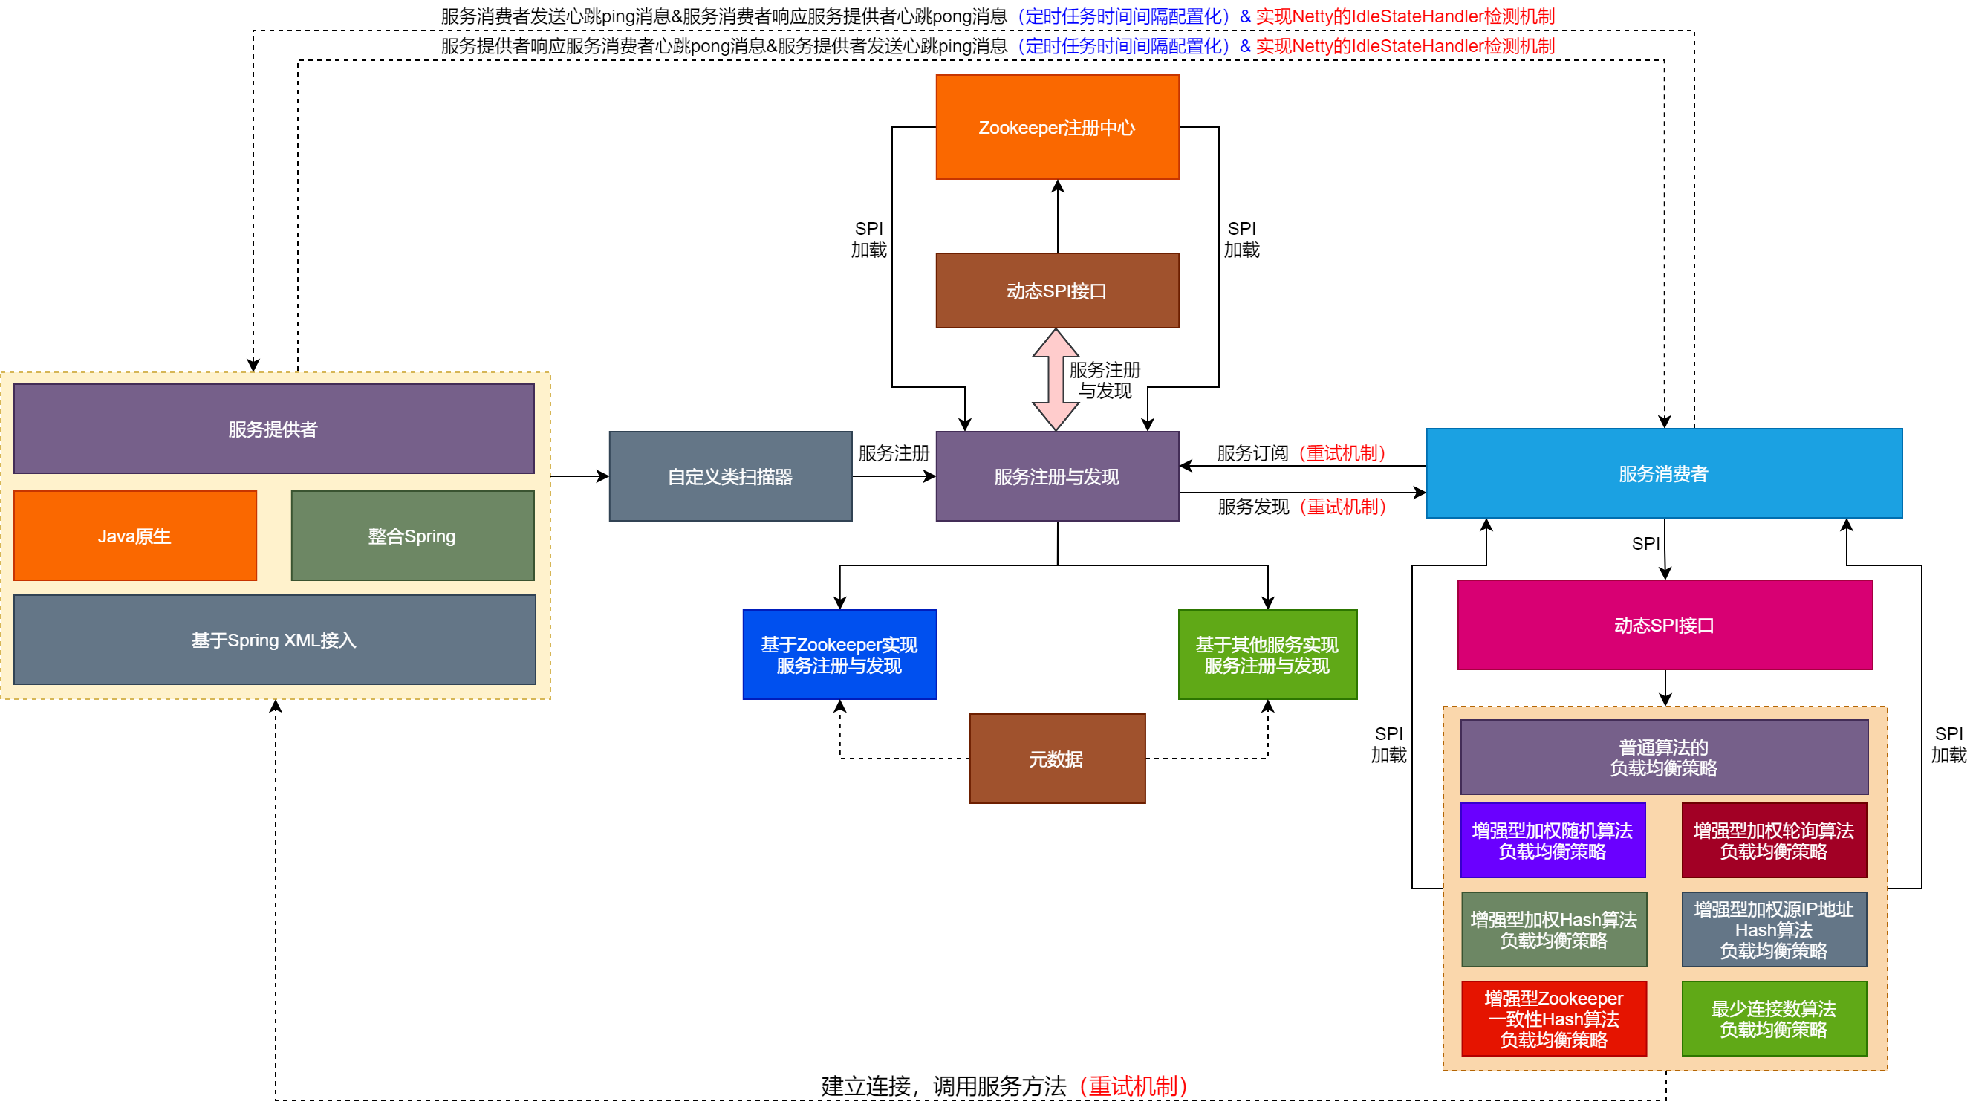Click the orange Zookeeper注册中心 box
click(1057, 127)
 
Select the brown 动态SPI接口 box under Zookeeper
click(1057, 291)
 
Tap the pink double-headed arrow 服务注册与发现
click(1056, 380)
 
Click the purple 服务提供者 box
click(273, 429)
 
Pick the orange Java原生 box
click(134, 536)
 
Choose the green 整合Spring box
click(412, 536)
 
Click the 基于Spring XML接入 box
click(274, 640)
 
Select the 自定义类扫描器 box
click(730, 476)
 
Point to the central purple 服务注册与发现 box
click(1057, 476)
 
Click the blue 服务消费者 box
click(1663, 473)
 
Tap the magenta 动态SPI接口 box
click(1664, 625)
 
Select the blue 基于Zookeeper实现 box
click(839, 655)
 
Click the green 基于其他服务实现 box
click(1267, 655)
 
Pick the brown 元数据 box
click(1057, 759)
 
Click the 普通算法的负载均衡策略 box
click(1663, 758)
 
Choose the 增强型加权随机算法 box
click(1553, 840)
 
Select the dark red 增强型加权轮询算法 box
click(1774, 840)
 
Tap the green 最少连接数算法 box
click(1774, 1019)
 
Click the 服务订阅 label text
click(1253, 453)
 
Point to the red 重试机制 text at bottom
click(1134, 1086)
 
